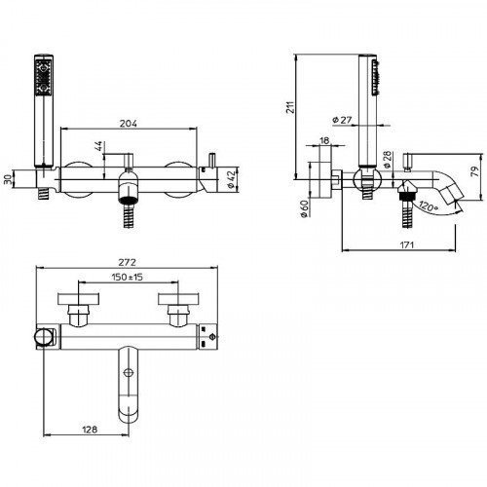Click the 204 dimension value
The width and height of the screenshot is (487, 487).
pyautogui.click(x=129, y=124)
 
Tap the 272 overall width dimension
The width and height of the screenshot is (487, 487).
pyautogui.click(x=127, y=262)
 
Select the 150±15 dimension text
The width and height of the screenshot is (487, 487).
pyautogui.click(x=128, y=277)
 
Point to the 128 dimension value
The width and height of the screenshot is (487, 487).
pyautogui.click(x=90, y=430)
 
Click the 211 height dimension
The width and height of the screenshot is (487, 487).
pyautogui.click(x=290, y=107)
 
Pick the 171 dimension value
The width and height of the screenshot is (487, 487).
pyautogui.click(x=406, y=244)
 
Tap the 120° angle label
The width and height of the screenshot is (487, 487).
pyautogui.click(x=429, y=206)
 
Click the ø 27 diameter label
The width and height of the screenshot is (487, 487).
pyautogui.click(x=342, y=120)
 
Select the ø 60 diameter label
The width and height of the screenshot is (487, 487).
pyautogui.click(x=304, y=208)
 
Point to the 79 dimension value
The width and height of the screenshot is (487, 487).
pyautogui.click(x=474, y=171)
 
